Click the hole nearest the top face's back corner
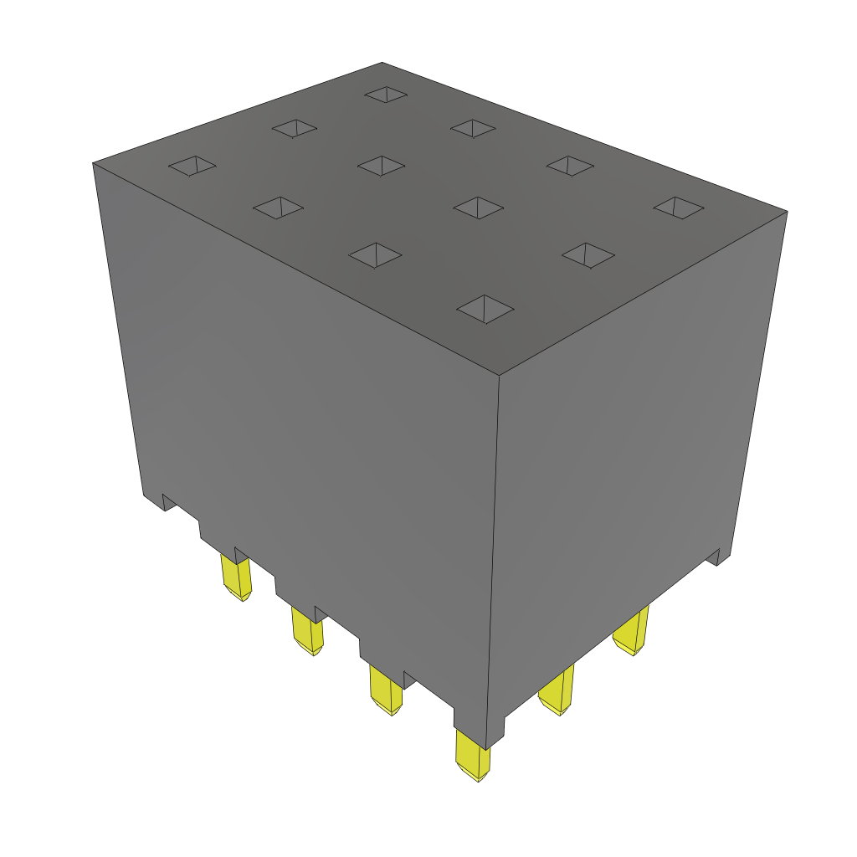point(386,95)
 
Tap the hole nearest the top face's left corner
point(192,166)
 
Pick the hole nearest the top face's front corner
point(485,308)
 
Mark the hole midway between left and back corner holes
point(294,128)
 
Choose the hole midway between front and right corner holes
point(588,255)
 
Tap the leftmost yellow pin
point(235,577)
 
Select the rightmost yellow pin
point(633,632)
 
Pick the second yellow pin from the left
point(307,631)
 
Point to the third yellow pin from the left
point(385,689)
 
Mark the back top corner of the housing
point(382,63)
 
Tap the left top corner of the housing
point(93,163)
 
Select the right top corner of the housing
point(786,212)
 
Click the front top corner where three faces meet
point(500,374)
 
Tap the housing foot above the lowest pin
point(479,728)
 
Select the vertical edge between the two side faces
point(494,544)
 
